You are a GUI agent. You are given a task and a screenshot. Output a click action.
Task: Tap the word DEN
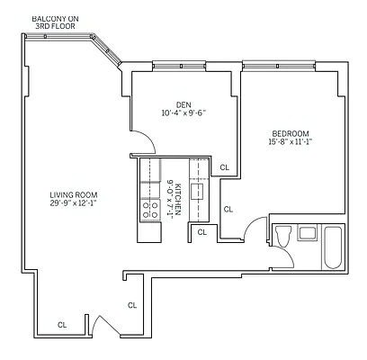(184, 103)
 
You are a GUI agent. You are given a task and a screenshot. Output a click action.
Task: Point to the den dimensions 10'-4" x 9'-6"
(184, 112)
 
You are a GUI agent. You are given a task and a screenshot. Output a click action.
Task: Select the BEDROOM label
(288, 131)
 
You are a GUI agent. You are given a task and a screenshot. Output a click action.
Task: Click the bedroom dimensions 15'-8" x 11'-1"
(288, 141)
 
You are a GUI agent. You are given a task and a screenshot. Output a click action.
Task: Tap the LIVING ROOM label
(74, 195)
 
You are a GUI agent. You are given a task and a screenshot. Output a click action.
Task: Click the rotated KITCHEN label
(179, 198)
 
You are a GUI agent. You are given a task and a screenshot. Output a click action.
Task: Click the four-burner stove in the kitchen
(146, 210)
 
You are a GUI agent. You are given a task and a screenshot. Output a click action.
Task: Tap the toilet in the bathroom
(282, 237)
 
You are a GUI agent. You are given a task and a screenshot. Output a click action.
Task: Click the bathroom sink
(307, 232)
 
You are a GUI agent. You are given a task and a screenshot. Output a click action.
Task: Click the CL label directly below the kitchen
(202, 232)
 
